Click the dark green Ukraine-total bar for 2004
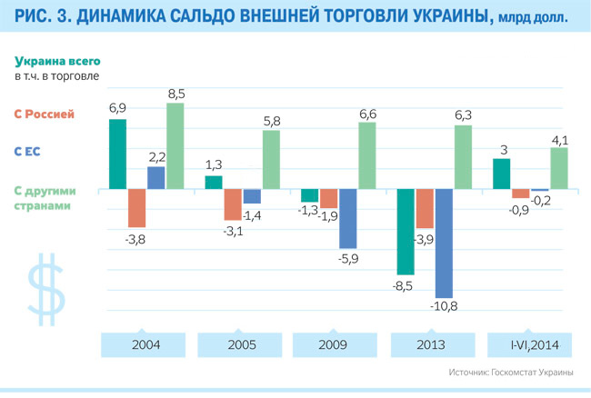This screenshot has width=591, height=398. (x=117, y=154)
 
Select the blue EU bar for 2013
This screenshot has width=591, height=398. (x=444, y=243)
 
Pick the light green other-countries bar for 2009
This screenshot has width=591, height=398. (x=366, y=155)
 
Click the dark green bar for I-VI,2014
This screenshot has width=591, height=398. (x=501, y=174)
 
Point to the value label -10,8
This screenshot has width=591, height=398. (x=446, y=306)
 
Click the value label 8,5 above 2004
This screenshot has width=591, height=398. (x=175, y=93)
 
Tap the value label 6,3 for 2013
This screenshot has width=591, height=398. (x=463, y=114)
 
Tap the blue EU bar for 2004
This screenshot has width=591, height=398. (x=155, y=178)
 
